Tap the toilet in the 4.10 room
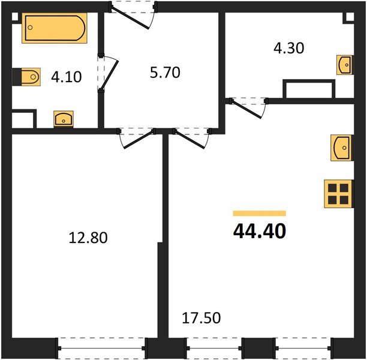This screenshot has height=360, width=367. click(26, 77)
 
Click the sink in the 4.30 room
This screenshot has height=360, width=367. click(344, 64)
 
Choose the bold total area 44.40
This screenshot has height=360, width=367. click(259, 230)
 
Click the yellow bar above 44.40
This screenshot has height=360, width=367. click(259, 213)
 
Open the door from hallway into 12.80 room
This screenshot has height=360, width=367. click(136, 138)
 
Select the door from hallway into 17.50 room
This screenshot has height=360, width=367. click(191, 138)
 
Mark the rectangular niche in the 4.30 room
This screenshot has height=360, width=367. click(308, 89)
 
